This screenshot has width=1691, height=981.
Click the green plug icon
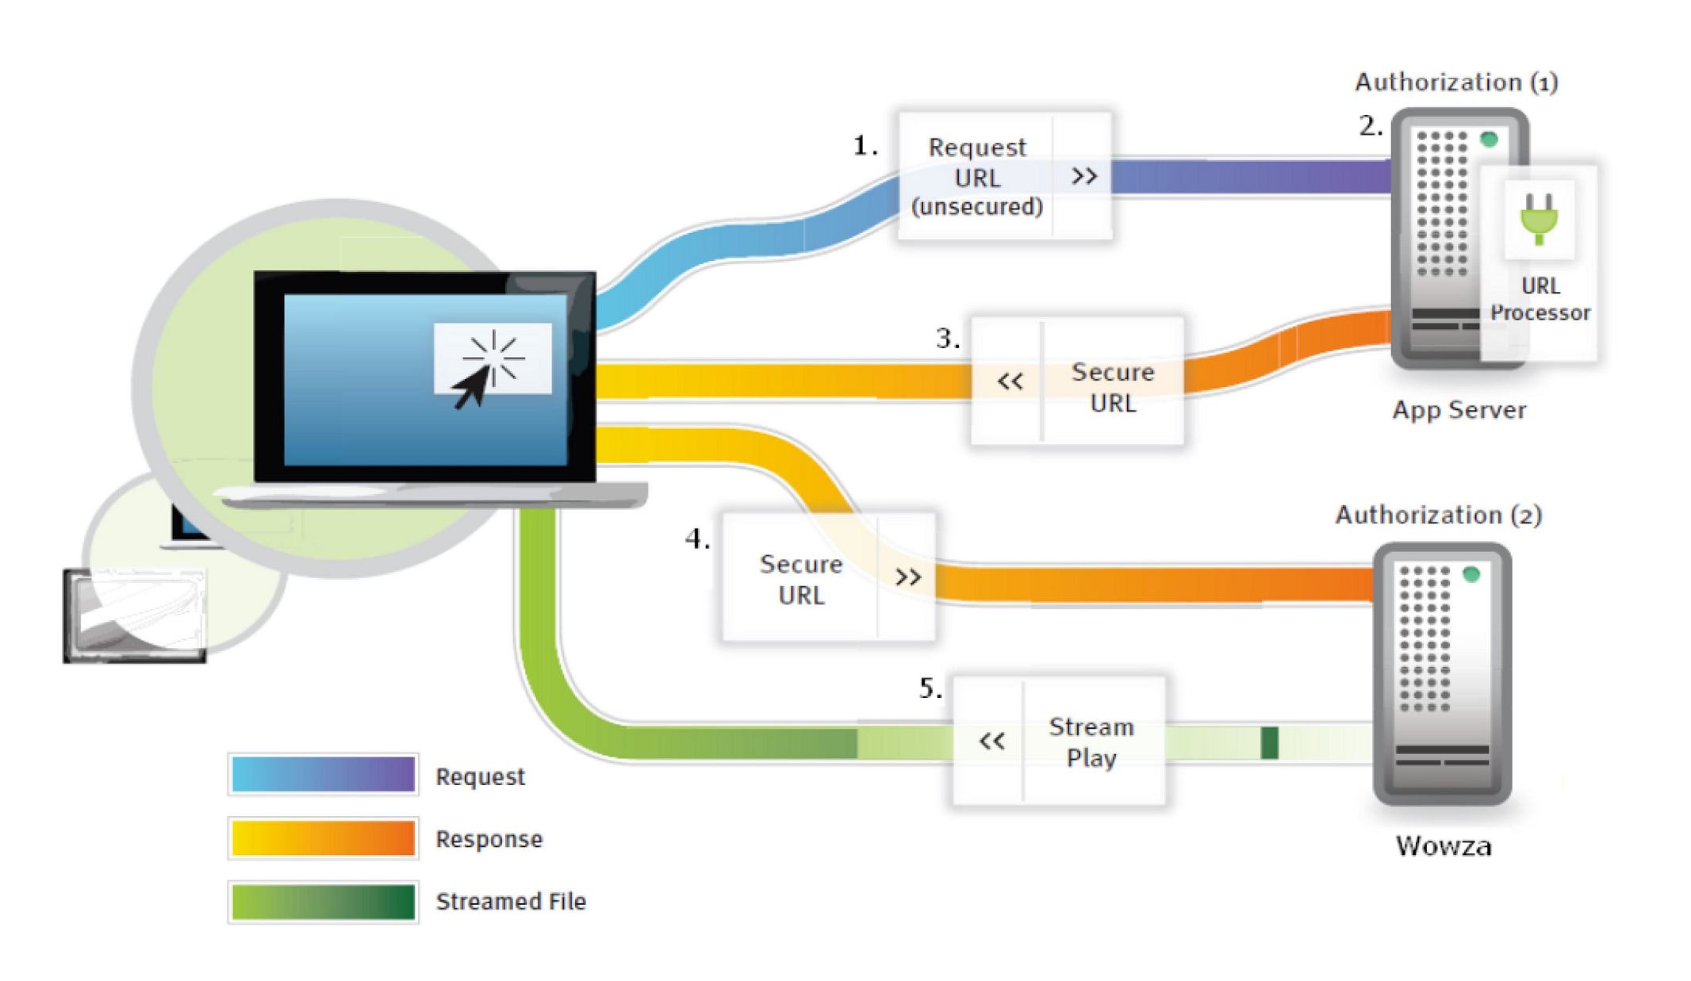coord(1539,219)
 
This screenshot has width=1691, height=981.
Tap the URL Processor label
coord(1540,299)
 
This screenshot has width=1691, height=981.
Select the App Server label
coord(1459,410)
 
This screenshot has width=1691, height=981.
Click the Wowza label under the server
coord(1443,846)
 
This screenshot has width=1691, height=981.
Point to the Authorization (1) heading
coord(1456,82)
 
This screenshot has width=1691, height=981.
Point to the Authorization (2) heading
coord(1438,515)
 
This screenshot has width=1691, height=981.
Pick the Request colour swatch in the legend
coord(323,774)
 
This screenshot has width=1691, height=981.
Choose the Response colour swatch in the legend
coord(323,838)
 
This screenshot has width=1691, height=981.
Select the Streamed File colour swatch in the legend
coord(323,902)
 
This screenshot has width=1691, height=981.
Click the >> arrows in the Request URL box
coord(1084,175)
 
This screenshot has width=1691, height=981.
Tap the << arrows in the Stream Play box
coord(991,741)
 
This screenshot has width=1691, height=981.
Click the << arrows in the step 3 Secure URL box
coord(1010,381)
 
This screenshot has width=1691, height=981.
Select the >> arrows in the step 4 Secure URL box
coord(908,577)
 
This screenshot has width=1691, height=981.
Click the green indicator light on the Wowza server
coord(1471,574)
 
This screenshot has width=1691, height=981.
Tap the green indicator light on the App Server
coord(1489,140)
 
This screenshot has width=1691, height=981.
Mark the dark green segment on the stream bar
coord(1269,742)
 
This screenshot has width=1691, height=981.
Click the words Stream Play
coord(1091,741)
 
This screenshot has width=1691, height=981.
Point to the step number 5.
coord(930,688)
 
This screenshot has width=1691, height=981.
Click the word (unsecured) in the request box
coord(976,207)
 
